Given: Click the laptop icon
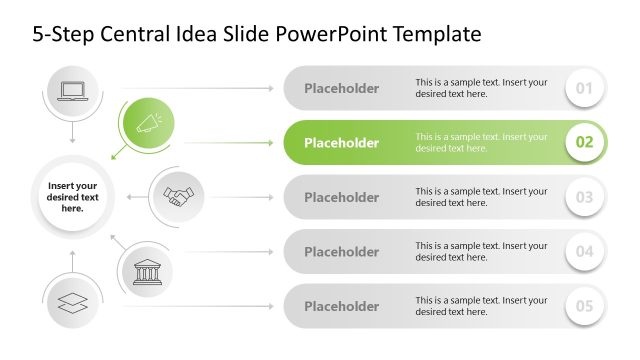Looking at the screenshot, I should [73, 90].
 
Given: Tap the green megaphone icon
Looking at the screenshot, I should [148, 124].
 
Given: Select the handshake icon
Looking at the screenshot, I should [180, 196].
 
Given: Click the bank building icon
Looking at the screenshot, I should [148, 270].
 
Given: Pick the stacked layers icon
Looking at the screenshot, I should [73, 303].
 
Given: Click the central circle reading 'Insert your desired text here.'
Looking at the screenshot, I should [72, 196].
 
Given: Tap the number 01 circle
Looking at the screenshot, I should [585, 88].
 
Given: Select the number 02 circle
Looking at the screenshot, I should [585, 142].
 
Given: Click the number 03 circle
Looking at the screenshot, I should [585, 197].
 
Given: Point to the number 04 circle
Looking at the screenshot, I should [585, 251].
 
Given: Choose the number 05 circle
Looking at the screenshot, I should [585, 306].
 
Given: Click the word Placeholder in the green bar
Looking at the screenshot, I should [341, 143].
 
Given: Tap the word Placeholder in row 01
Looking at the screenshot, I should [341, 88].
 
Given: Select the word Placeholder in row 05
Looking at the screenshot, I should [341, 306].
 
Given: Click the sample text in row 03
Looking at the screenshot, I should [481, 197].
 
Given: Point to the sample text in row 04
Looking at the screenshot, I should [481, 251].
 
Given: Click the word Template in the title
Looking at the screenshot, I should [438, 35].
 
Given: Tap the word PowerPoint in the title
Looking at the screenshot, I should [335, 35].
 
